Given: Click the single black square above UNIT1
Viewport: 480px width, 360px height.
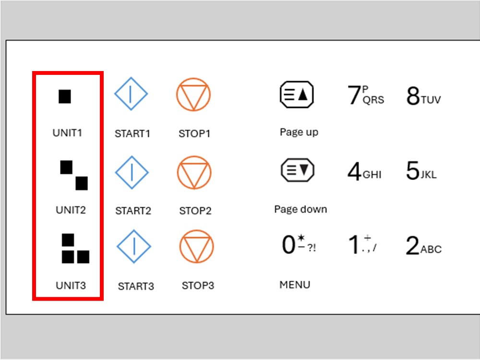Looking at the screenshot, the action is coord(65,96).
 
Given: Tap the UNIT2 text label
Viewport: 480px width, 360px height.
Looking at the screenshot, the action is coord(71,210).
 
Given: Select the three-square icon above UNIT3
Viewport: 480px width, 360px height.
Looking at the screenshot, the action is coord(75,249).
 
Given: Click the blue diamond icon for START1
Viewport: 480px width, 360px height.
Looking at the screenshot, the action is coord(131,94).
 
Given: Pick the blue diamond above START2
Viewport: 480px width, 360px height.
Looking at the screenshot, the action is coord(132,172).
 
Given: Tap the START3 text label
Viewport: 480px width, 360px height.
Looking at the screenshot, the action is coord(136,286).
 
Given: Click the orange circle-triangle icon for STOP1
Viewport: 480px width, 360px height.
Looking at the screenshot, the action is coord(193,94).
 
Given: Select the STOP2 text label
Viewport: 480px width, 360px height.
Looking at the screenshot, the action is coord(195,211).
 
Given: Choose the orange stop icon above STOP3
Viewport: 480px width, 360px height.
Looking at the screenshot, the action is coord(196,247).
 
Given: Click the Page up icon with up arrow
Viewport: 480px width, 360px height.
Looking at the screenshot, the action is coord(297,94).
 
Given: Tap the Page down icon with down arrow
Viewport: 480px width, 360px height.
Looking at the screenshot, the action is coord(298,170).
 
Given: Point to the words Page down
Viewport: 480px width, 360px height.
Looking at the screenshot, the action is coord(300,209).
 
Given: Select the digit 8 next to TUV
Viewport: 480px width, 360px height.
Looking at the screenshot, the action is coord(413,96).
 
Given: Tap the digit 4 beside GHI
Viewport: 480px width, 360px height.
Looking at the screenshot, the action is coord(355,171).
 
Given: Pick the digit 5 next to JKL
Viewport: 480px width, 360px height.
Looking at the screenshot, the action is coord(412,170).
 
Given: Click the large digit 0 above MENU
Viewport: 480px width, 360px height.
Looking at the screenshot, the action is coord(288,245).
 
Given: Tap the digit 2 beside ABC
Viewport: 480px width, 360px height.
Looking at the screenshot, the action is coord(412,245).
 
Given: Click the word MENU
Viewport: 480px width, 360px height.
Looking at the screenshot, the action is coord(295,285).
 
